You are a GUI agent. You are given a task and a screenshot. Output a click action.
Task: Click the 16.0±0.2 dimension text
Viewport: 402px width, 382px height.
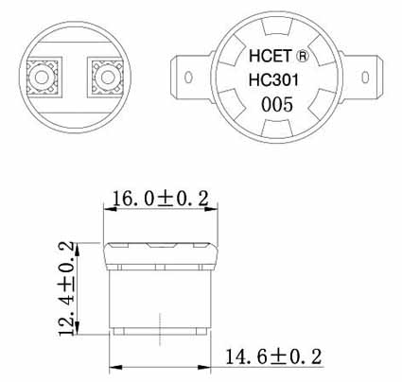[160, 197]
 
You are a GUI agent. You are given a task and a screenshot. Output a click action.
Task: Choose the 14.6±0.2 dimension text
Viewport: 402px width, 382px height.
[274, 356]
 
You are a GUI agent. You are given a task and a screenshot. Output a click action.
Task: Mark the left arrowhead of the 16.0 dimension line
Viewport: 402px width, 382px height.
[106, 210]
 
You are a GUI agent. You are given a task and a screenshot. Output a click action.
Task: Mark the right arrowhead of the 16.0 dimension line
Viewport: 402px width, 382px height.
[217, 210]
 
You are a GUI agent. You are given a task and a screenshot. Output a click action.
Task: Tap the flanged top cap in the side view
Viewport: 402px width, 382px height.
[161, 253]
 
